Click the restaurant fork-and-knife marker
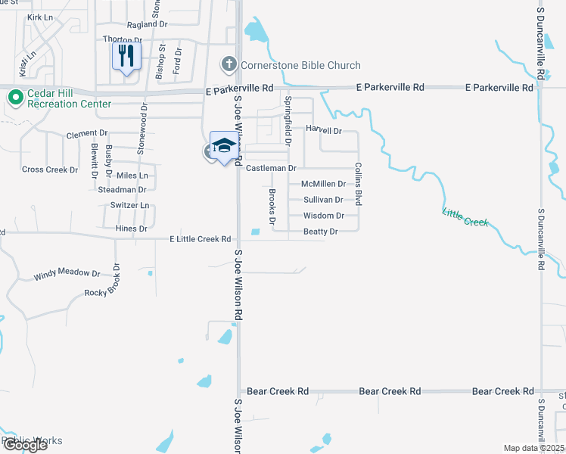(126, 55)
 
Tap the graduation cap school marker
(223, 145)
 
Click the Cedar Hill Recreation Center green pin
(14, 98)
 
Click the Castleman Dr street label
(270, 167)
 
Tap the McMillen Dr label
(323, 184)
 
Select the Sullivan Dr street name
(323, 200)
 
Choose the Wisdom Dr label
(323, 216)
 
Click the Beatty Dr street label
(320, 232)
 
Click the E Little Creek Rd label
(200, 239)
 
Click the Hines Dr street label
(132, 229)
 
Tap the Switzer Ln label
(130, 205)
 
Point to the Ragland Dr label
(147, 24)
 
